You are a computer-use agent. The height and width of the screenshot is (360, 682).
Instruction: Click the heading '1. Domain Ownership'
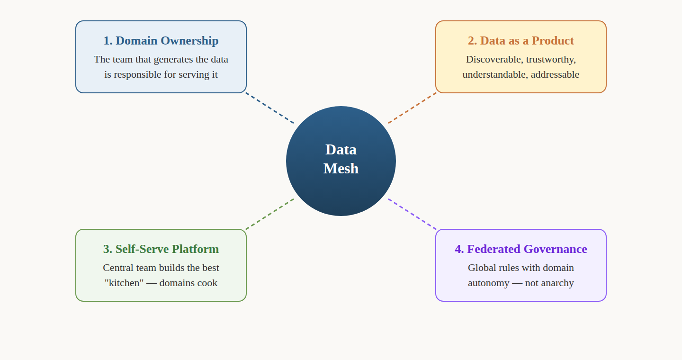point(161,41)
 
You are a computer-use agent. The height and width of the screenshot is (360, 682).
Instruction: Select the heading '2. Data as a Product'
point(520,41)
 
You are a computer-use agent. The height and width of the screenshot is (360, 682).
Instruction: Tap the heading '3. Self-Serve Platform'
point(161,249)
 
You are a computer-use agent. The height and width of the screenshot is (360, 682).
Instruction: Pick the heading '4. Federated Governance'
point(520,249)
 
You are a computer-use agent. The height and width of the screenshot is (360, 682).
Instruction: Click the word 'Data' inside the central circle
point(341,150)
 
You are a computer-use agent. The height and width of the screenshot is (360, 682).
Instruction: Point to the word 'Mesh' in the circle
point(341,169)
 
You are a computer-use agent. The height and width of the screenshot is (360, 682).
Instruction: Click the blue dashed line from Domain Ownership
point(270,108)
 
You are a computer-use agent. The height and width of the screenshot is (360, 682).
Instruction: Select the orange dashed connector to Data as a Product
point(412,108)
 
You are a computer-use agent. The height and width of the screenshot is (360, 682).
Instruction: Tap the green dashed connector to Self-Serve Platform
point(270,214)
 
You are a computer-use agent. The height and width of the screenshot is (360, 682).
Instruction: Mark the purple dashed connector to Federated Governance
point(412,214)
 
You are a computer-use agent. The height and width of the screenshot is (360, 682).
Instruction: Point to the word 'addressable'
point(555,75)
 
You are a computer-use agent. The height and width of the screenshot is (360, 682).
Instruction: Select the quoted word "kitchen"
point(124,283)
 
